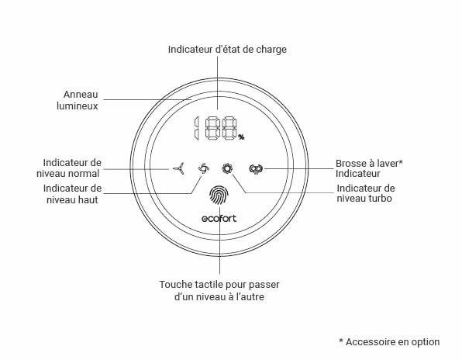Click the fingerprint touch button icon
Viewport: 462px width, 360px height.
(x=219, y=196)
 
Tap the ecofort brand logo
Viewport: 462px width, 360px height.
(x=219, y=219)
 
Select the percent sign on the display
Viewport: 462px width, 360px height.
(x=241, y=137)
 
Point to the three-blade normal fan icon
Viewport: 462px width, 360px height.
(x=179, y=168)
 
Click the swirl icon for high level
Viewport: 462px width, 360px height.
(x=204, y=168)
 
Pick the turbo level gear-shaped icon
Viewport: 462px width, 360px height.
(x=227, y=168)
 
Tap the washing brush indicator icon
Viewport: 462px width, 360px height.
(x=256, y=168)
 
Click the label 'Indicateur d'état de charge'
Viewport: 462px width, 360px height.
(x=227, y=49)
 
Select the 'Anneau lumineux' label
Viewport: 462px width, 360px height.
(x=78, y=100)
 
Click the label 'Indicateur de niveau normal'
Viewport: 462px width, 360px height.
(x=69, y=168)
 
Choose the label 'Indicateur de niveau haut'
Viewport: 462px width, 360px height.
(x=73, y=194)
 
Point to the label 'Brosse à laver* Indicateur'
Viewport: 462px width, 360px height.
(x=369, y=168)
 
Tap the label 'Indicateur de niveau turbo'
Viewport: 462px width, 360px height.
(x=366, y=193)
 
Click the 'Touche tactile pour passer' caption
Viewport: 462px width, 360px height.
(x=219, y=285)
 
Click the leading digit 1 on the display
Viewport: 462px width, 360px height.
(x=196, y=128)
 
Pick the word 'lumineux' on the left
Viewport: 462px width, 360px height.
(x=78, y=106)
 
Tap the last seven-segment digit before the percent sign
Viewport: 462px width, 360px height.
(x=229, y=128)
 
